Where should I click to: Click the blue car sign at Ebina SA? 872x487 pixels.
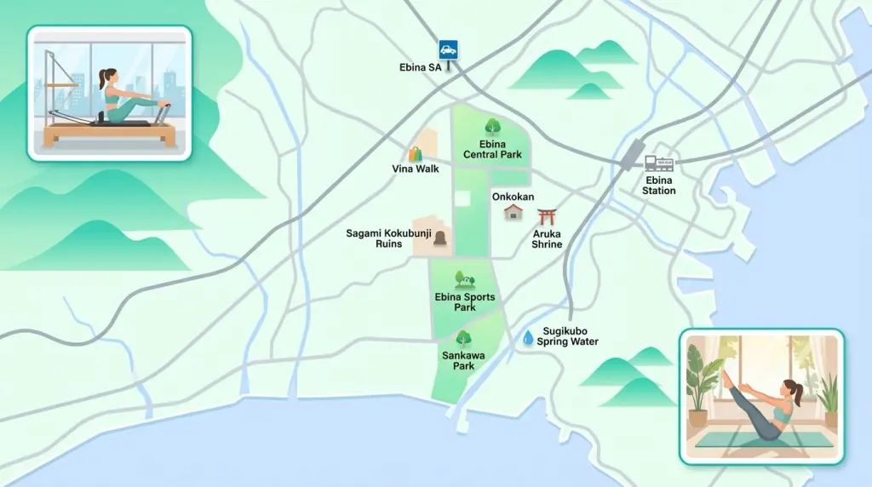click(449, 49)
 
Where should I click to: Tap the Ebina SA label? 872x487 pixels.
click(421, 67)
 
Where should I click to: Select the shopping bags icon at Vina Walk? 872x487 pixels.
click(416, 154)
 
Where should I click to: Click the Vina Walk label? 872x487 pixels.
click(416, 169)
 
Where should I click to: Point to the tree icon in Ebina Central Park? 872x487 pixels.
click(492, 128)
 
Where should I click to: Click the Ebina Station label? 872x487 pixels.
click(659, 186)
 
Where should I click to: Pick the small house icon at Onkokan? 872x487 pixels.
click(513, 212)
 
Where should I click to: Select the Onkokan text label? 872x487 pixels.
click(513, 197)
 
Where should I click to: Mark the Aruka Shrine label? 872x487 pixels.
click(547, 238)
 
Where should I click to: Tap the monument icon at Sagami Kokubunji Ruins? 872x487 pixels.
click(440, 241)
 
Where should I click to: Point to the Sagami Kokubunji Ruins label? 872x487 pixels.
click(378, 238)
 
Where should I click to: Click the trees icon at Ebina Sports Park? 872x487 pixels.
click(464, 278)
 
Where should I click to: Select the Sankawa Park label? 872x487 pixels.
click(458, 360)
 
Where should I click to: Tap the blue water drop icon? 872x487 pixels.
click(528, 338)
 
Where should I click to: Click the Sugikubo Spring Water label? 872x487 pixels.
click(567, 336)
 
